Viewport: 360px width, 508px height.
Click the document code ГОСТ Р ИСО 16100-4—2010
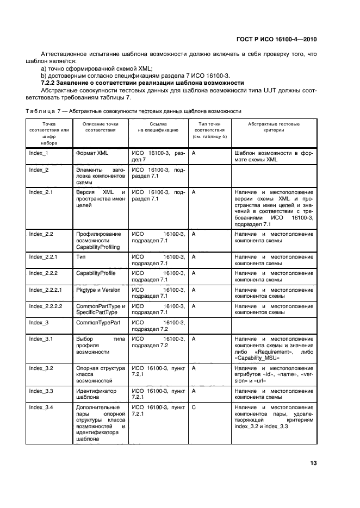(284, 39)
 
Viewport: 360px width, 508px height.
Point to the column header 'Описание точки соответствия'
(100, 128)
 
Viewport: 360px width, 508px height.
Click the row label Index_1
(39, 153)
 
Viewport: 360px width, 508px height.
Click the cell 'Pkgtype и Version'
(98, 290)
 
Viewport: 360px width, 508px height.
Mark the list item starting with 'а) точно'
(97, 68)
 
